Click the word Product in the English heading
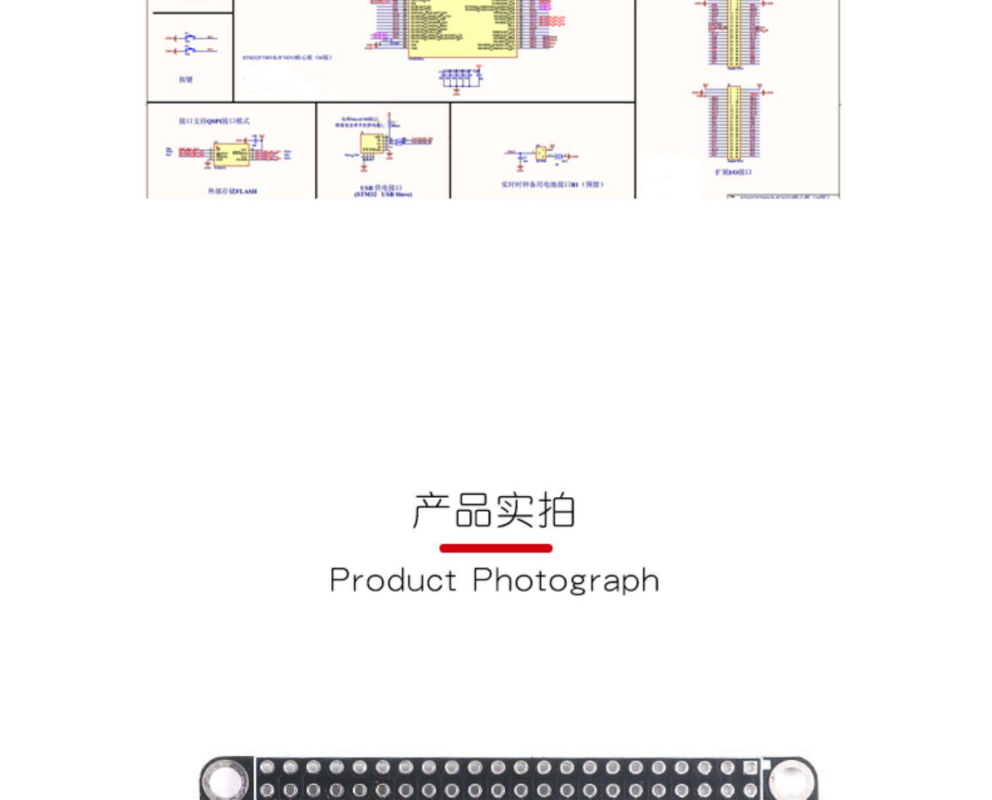click(393, 580)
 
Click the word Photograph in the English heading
click(566, 580)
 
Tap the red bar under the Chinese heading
click(495, 548)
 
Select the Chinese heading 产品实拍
click(494, 510)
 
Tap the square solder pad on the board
click(750, 768)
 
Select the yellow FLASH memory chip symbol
click(231, 155)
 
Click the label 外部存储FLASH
click(232, 191)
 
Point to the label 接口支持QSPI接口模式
click(214, 121)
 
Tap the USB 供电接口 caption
click(383, 191)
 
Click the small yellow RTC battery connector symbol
click(541, 154)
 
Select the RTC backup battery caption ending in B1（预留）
click(552, 184)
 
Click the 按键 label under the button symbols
click(186, 79)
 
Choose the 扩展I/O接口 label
click(733, 172)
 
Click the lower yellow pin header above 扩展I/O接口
click(734, 122)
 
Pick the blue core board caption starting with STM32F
click(286, 58)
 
